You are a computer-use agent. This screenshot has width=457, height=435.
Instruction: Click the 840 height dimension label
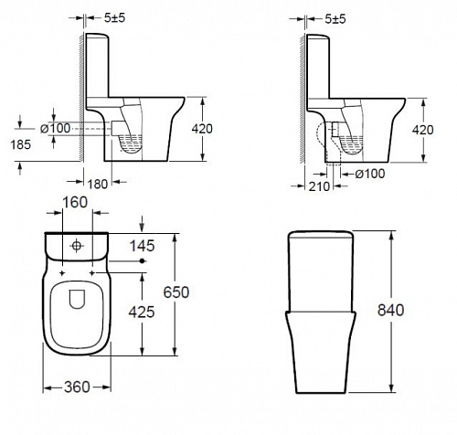[x=390, y=310]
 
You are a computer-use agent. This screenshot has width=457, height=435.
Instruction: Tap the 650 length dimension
[x=176, y=292]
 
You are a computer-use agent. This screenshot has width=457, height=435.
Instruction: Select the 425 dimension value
[x=142, y=312]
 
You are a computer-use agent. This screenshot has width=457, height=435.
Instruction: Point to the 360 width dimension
[x=77, y=387]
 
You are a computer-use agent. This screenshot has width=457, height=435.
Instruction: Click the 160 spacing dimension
[x=75, y=202]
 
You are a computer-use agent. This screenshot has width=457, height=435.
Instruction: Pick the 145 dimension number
[x=142, y=246]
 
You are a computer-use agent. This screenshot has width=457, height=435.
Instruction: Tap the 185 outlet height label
[x=21, y=144]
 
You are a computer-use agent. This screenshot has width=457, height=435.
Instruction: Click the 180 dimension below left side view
[x=98, y=184]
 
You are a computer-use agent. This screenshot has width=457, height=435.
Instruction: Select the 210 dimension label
[x=319, y=186]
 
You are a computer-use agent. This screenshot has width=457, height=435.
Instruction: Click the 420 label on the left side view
[x=202, y=129]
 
